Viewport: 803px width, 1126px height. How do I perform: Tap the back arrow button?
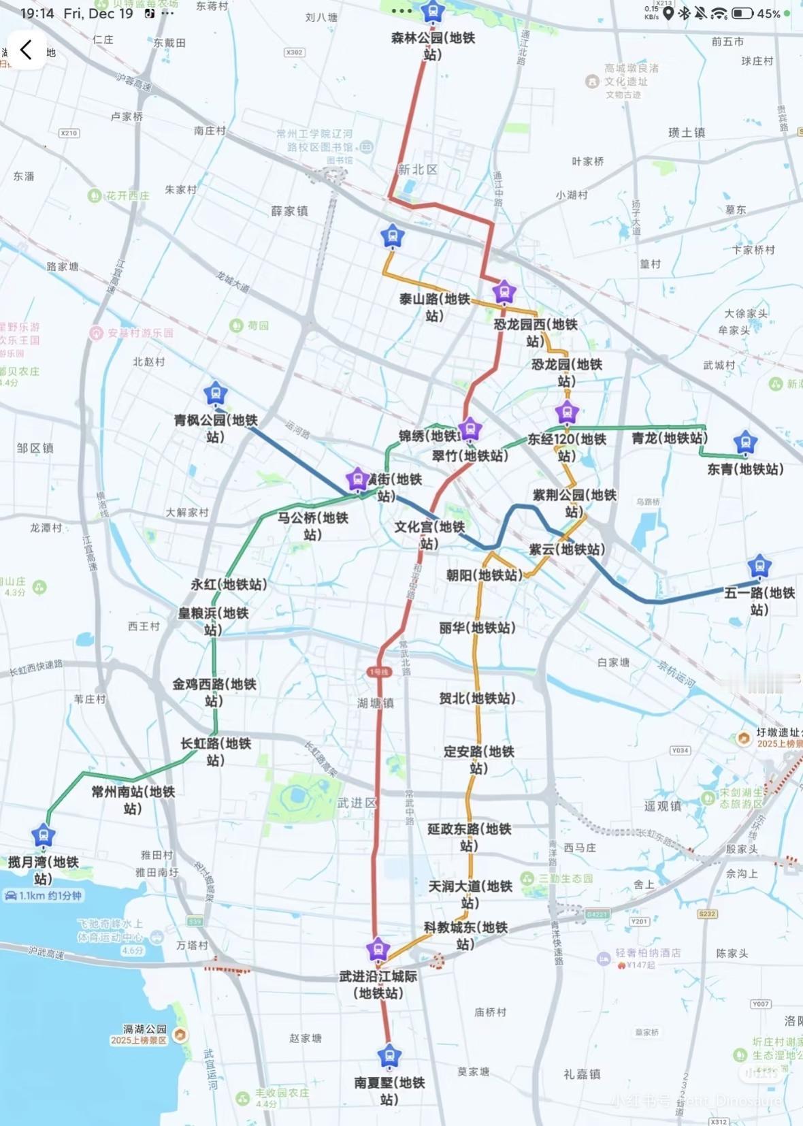pyautogui.click(x=26, y=50)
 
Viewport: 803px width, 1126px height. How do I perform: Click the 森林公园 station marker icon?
pyautogui.click(x=432, y=12)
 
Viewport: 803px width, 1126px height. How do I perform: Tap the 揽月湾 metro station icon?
pyautogui.click(x=44, y=835)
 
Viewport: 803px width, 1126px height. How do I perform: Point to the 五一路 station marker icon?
pyautogui.click(x=759, y=566)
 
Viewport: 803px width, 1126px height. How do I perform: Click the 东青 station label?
pyautogui.click(x=745, y=469)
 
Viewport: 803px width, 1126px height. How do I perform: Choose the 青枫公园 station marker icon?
pyautogui.click(x=216, y=393)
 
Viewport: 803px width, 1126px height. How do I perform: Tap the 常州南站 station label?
pyautogui.click(x=133, y=800)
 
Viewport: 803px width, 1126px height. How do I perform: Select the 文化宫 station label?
pyautogui.click(x=429, y=535)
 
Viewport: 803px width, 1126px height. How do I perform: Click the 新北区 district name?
pyautogui.click(x=417, y=170)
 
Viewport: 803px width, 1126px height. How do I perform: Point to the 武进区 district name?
pyautogui.click(x=357, y=803)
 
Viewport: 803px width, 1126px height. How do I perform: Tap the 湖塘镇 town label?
pyautogui.click(x=376, y=703)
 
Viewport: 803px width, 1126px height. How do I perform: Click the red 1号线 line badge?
pyautogui.click(x=378, y=672)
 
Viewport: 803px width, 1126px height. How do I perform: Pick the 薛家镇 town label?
pyautogui.click(x=289, y=211)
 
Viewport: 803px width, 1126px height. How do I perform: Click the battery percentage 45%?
pyautogui.click(x=768, y=14)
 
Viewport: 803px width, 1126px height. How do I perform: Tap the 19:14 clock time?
pyautogui.click(x=37, y=14)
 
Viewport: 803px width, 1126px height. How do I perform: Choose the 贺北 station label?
pyautogui.click(x=477, y=698)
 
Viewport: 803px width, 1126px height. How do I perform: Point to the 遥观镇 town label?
pyautogui.click(x=662, y=806)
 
